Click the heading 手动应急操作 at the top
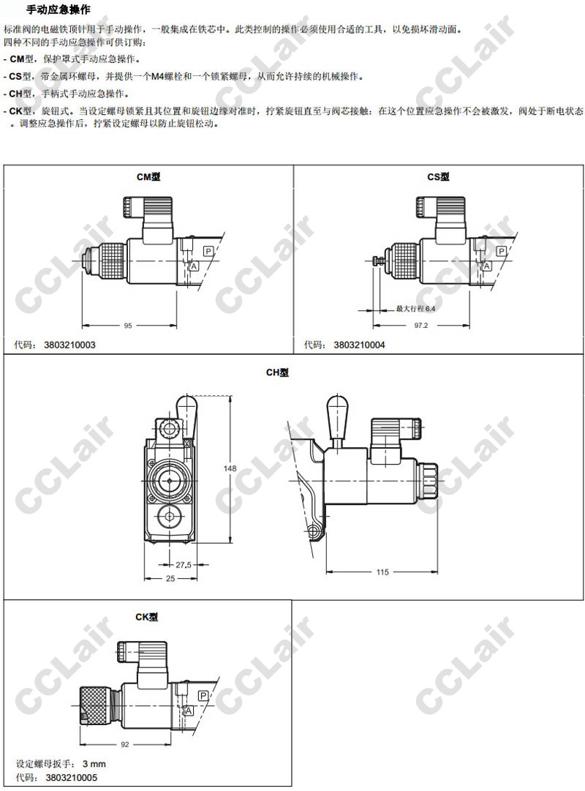pos(58,9)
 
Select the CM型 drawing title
pos(148,177)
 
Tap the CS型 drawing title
pos(438,177)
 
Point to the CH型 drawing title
pos(277,372)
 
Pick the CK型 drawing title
pos(147,617)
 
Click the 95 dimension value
pos(128,326)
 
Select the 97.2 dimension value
pos(420,326)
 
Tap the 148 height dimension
pos(230,468)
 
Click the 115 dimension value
pos(382,572)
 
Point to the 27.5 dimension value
pos(184,565)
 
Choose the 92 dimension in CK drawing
pos(125,745)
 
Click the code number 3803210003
pos(69,345)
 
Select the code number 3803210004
pos(359,345)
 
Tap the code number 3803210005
pos(71,777)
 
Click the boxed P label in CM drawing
pos(208,251)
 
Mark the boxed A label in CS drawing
pos(486,266)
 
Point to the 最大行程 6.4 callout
pos(415,309)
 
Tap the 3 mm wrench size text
pos(94,764)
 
